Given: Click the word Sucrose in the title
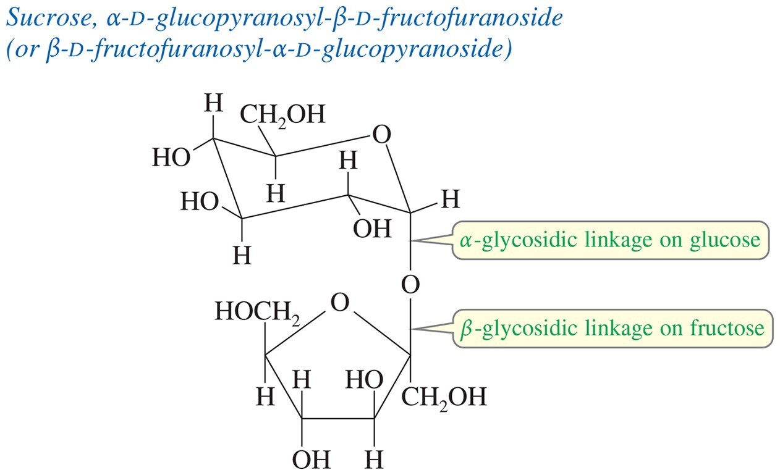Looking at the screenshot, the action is pos(49,17).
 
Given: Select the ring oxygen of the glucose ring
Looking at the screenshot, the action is pos(381,135).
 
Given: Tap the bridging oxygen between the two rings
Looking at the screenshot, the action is pos(410,284).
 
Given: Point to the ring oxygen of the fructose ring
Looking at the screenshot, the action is pos(339,303).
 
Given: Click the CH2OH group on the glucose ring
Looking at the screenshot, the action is pos(282,115).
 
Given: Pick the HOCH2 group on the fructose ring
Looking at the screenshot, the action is pos(257,311).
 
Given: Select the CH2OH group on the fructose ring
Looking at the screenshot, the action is pos(444,397).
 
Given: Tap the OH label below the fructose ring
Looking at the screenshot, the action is pos(311,460).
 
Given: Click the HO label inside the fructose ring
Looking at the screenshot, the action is pos(364,380).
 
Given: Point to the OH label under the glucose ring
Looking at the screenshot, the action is pos(372,229).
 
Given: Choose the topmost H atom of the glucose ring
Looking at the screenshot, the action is pos(213,103).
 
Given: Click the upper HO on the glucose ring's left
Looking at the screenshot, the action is pos(171,158).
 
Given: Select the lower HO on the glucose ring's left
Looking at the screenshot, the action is pos(200,201).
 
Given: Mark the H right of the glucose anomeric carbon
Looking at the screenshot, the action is pos(451,199).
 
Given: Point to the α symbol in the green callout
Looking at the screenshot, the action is pos(465,241).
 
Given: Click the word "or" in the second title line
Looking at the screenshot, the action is pos(26,51).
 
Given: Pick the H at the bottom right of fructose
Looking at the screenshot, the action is pos(374,460).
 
